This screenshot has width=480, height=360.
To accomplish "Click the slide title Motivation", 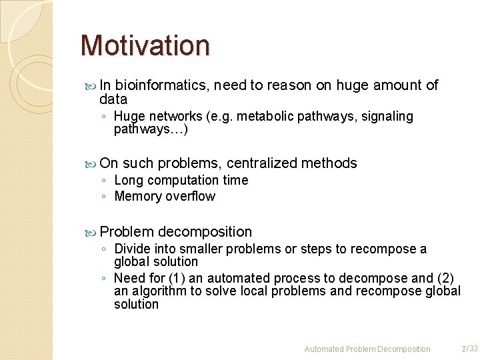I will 145,45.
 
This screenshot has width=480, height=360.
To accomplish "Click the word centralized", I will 261,163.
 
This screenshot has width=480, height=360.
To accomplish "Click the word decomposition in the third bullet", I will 205,232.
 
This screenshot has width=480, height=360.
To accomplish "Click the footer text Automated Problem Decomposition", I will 367,349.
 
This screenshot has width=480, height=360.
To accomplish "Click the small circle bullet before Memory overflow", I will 105,197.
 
